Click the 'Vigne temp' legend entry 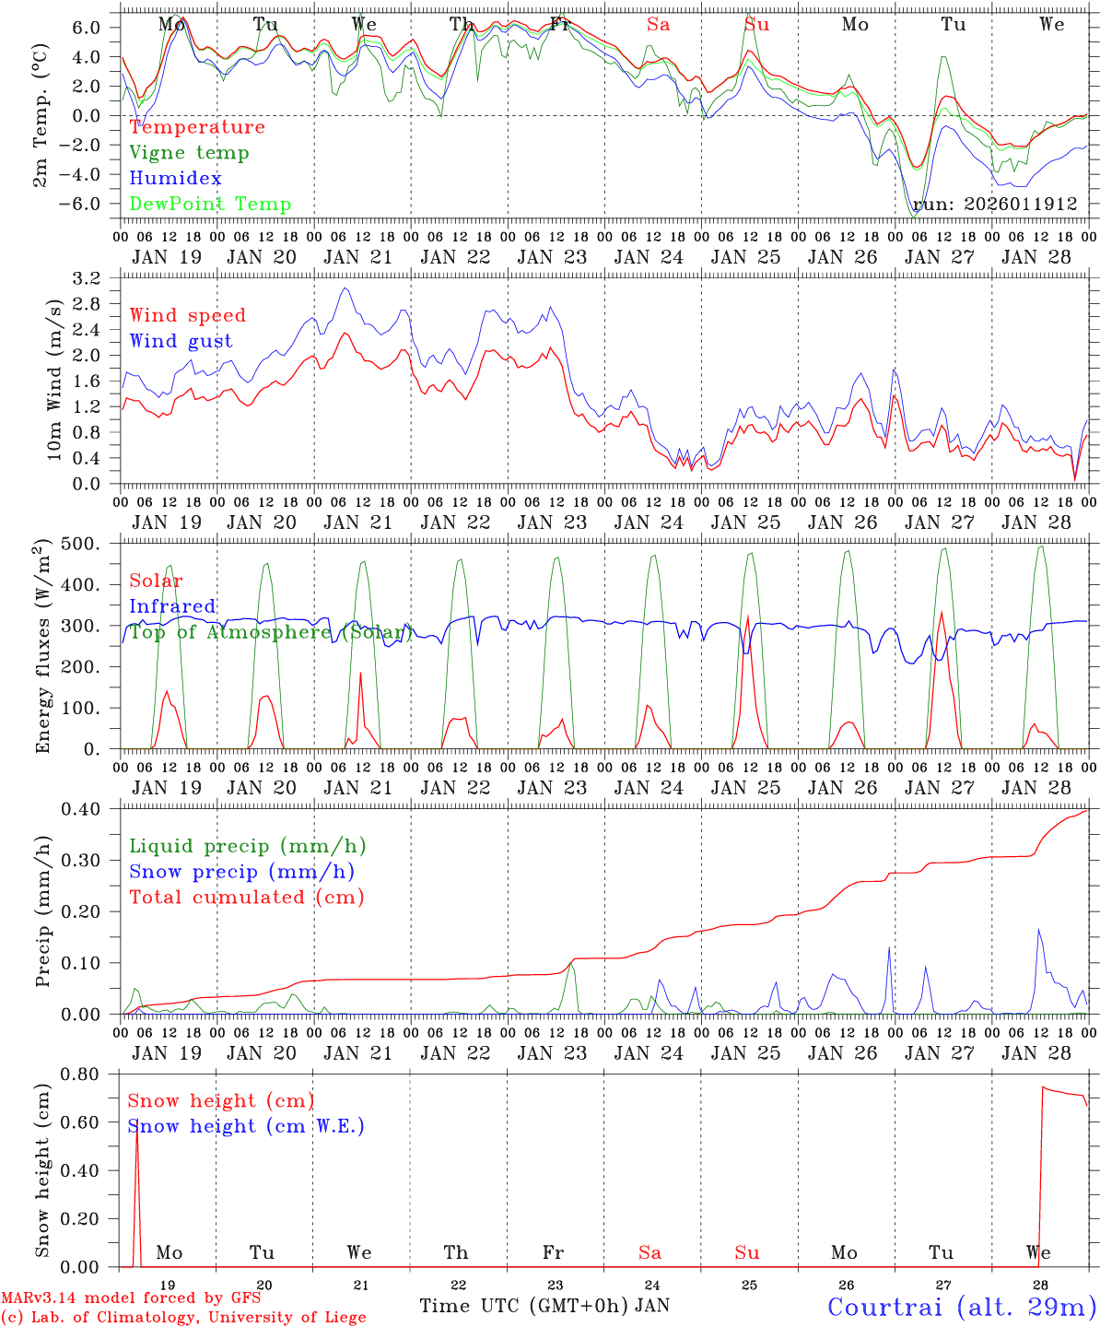pyautogui.click(x=189, y=153)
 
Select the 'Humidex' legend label pyautogui.click(x=176, y=179)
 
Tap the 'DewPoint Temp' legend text pyautogui.click(x=210, y=205)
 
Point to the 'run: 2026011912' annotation pyautogui.click(x=995, y=205)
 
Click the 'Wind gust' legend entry pyautogui.click(x=181, y=341)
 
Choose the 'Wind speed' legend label pyautogui.click(x=188, y=315)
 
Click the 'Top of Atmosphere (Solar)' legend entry pyautogui.click(x=269, y=632)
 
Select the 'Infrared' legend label pyautogui.click(x=172, y=606)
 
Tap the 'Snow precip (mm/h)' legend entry pyautogui.click(x=241, y=872)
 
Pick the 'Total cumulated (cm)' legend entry pyautogui.click(x=246, y=898)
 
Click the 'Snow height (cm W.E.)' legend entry pyautogui.click(x=246, y=1126)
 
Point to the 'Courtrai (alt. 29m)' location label pyautogui.click(x=962, y=1307)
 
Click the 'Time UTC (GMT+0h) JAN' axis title pyautogui.click(x=544, y=1306)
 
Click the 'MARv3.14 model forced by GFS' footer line pyautogui.click(x=131, y=1298)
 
